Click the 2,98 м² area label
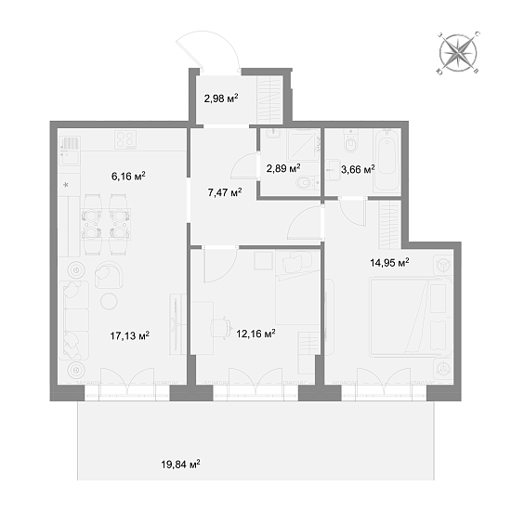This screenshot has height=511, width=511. point(221,98)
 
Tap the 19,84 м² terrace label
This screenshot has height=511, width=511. point(180,464)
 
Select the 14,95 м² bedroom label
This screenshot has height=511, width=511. point(389,262)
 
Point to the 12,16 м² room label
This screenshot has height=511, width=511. point(255,334)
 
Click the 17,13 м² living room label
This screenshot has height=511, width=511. point(130,335)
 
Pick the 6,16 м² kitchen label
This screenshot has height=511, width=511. point(128,177)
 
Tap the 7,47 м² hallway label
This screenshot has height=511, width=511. point(225,192)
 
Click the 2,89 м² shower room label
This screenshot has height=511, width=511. point(283,168)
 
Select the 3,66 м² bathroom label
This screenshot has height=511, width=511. point(358,169)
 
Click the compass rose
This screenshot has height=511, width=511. point(458,53)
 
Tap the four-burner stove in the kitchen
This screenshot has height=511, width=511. point(125,139)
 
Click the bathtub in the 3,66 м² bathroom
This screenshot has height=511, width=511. point(387,160)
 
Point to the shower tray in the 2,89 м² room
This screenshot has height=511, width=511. point(303,145)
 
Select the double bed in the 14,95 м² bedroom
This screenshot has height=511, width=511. point(411,317)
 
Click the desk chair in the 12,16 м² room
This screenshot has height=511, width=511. point(220,328)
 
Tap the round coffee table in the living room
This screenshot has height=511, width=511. point(109,301)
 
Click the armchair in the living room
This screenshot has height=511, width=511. point(109,275)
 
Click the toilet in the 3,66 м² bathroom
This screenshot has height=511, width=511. point(350,141)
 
